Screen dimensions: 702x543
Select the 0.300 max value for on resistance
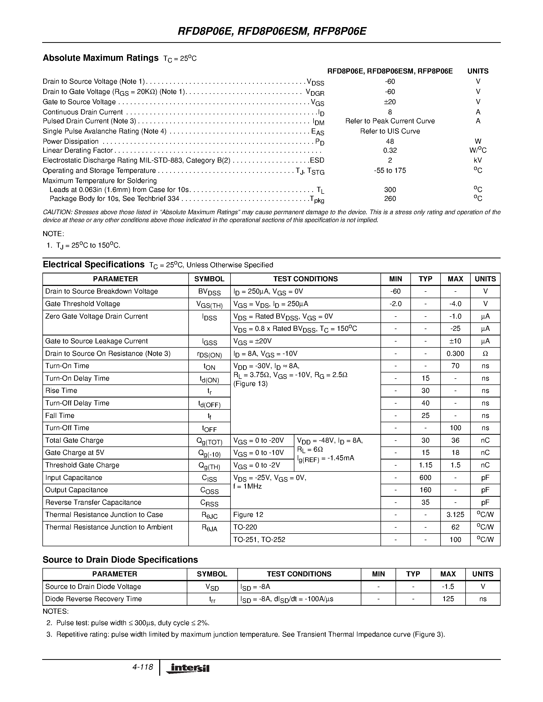pos(455,354)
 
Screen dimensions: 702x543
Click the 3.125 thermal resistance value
pos(455,515)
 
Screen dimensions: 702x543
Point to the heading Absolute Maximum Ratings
pos(101,58)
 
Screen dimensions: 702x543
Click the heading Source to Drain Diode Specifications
pos(120,560)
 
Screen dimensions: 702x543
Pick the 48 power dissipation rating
pos(390,141)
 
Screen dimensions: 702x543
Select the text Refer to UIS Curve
pos(390,131)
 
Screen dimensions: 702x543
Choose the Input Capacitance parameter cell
pos(74,478)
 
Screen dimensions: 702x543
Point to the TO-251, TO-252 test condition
pos(259,540)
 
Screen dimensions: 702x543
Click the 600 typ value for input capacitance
pos(425,478)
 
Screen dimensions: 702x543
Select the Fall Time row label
pos(60,416)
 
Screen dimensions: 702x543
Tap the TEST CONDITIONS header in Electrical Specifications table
pos(305,279)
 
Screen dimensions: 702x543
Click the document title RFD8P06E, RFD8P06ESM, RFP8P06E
pos(272,31)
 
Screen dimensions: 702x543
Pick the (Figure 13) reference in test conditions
pos(251,384)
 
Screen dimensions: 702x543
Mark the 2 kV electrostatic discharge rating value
pos(390,160)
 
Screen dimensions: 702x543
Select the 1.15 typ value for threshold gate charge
pos(425,465)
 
